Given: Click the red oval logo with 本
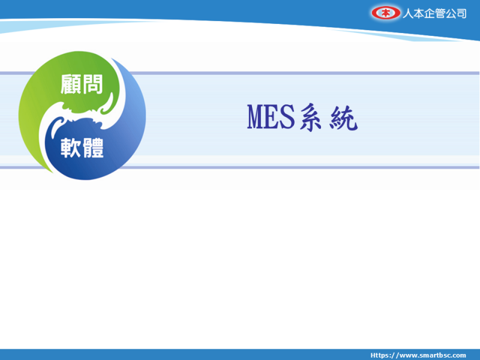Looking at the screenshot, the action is coord(386,13).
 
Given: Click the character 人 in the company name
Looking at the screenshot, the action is coord(408,13).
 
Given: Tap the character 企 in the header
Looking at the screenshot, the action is coord(429,13).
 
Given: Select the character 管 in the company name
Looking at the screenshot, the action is coord(440,13).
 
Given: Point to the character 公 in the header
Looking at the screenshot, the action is coord(451,13).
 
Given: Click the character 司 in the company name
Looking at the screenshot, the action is coord(461,13).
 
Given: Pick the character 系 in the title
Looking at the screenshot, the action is coord(310,118).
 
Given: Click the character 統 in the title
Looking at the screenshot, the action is coord(343,118).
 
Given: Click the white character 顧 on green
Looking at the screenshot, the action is coord(70,84).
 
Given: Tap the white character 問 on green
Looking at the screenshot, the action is coord(92,84).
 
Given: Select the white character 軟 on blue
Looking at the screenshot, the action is coord(71,148).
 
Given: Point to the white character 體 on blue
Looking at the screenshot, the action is coord(93,148).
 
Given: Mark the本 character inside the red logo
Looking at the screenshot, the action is coord(386,13).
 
